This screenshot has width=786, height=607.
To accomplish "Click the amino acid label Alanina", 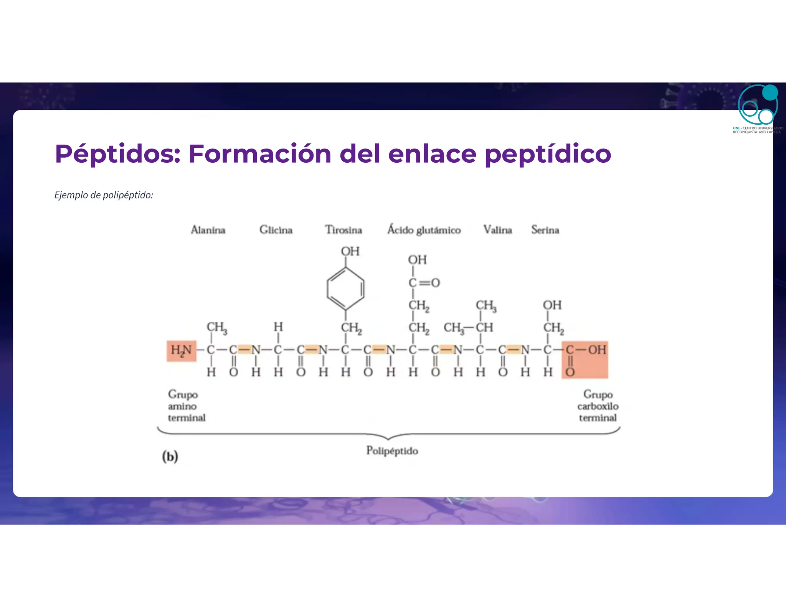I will tap(208, 230).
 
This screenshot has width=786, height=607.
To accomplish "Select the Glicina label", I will tap(276, 230).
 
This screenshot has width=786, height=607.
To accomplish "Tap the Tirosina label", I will tap(343, 230).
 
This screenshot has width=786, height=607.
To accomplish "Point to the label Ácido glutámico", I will tap(424, 230).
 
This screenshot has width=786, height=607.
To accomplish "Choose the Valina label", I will tap(497, 230).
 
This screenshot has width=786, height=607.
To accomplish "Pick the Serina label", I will tap(545, 230).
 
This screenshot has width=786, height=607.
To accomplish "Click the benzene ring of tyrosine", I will tap(345, 289).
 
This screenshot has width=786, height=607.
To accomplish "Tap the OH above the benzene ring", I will tap(350, 251).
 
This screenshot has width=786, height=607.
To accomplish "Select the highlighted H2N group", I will tap(182, 351).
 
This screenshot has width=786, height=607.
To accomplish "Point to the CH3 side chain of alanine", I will tap(217, 327).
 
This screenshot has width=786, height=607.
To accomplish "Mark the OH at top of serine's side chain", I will tap(552, 305).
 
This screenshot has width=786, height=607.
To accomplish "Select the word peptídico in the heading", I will tap(548, 154).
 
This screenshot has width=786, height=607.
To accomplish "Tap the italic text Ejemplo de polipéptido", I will tap(104, 195).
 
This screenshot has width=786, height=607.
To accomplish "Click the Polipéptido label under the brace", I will tap(392, 450).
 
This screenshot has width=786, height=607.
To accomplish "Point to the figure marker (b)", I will tap(170, 457).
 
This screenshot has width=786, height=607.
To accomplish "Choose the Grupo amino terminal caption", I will tap(186, 406).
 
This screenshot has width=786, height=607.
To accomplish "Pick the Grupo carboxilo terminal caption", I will tap(598, 406).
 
